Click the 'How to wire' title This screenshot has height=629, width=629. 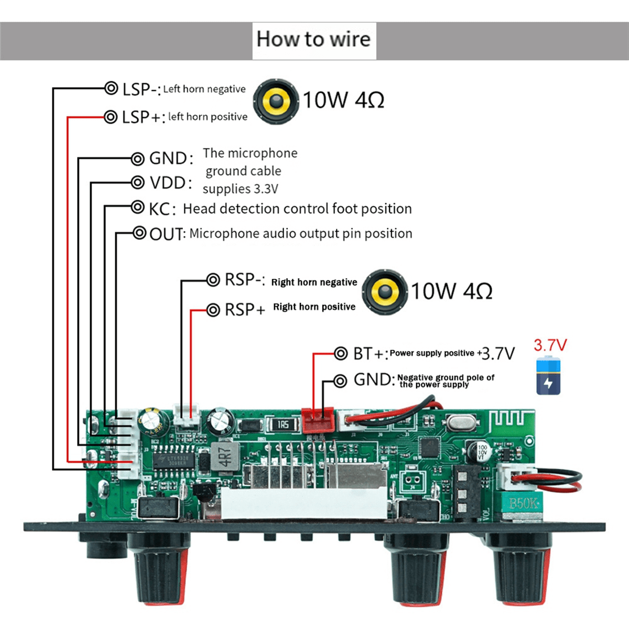tap(313, 40)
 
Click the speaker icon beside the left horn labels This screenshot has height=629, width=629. tap(276, 101)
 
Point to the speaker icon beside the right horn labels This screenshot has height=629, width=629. tap(385, 292)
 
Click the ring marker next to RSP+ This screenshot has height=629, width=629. tap(213, 310)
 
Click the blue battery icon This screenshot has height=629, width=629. tap(548, 375)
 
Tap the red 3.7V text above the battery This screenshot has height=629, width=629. tap(550, 345)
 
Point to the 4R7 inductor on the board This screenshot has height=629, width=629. tap(224, 457)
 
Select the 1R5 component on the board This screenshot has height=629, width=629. tap(283, 424)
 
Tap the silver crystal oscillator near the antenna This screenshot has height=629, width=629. tap(461, 420)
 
